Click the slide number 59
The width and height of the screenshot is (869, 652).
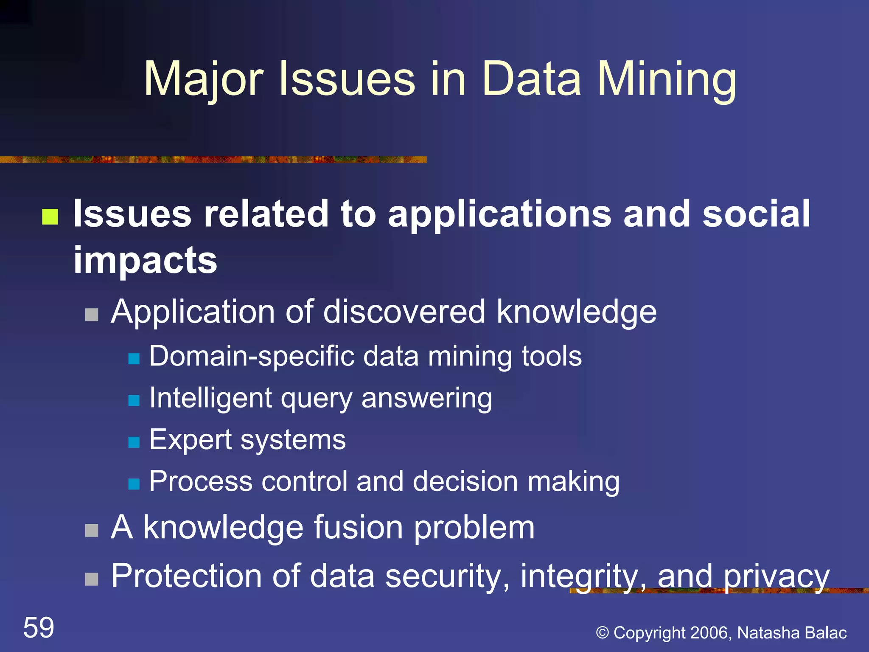click(x=39, y=627)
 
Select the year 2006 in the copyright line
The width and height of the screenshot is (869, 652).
click(x=711, y=633)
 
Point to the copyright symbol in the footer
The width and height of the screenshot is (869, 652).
click(x=603, y=633)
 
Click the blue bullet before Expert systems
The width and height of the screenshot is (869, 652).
click(x=134, y=442)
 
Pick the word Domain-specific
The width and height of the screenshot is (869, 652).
click(x=252, y=356)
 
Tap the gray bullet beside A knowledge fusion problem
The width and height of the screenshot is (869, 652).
click(x=92, y=531)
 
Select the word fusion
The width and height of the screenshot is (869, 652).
click(x=358, y=527)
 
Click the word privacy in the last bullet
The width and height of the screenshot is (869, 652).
click(x=776, y=576)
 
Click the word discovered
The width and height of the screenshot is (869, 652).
click(x=404, y=312)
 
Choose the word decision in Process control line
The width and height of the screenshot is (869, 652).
click(x=465, y=482)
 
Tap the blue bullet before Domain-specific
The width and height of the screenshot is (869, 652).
click(x=134, y=359)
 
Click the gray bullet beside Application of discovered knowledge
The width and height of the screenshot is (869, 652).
click(x=92, y=315)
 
